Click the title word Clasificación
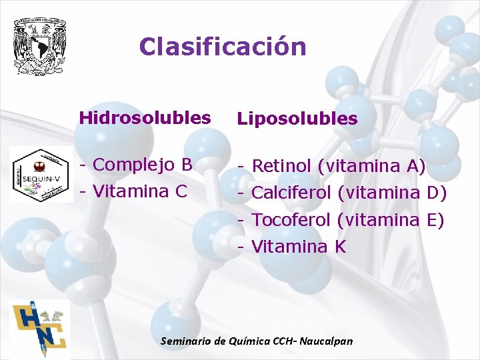[223, 47]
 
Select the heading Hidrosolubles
[145, 118]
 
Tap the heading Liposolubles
[298, 119]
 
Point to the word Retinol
[281, 166]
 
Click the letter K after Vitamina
[340, 247]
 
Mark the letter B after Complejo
[187, 164]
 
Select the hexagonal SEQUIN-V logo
[42, 175]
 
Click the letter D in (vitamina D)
[433, 193]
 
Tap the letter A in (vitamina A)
[413, 166]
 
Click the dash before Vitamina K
[243, 247]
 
